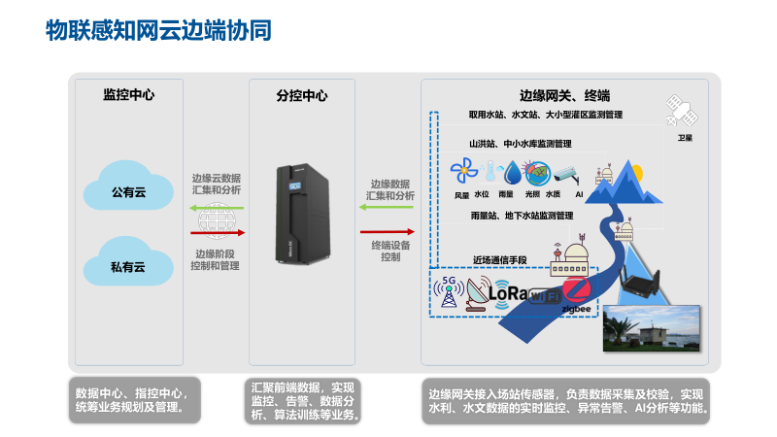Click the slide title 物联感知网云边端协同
point(159,30)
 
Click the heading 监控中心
point(129,95)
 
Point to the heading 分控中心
point(302,95)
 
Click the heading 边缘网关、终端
point(563,95)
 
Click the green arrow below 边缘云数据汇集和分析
point(217,207)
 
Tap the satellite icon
point(677,112)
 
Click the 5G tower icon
point(449,291)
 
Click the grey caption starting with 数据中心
point(134,399)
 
